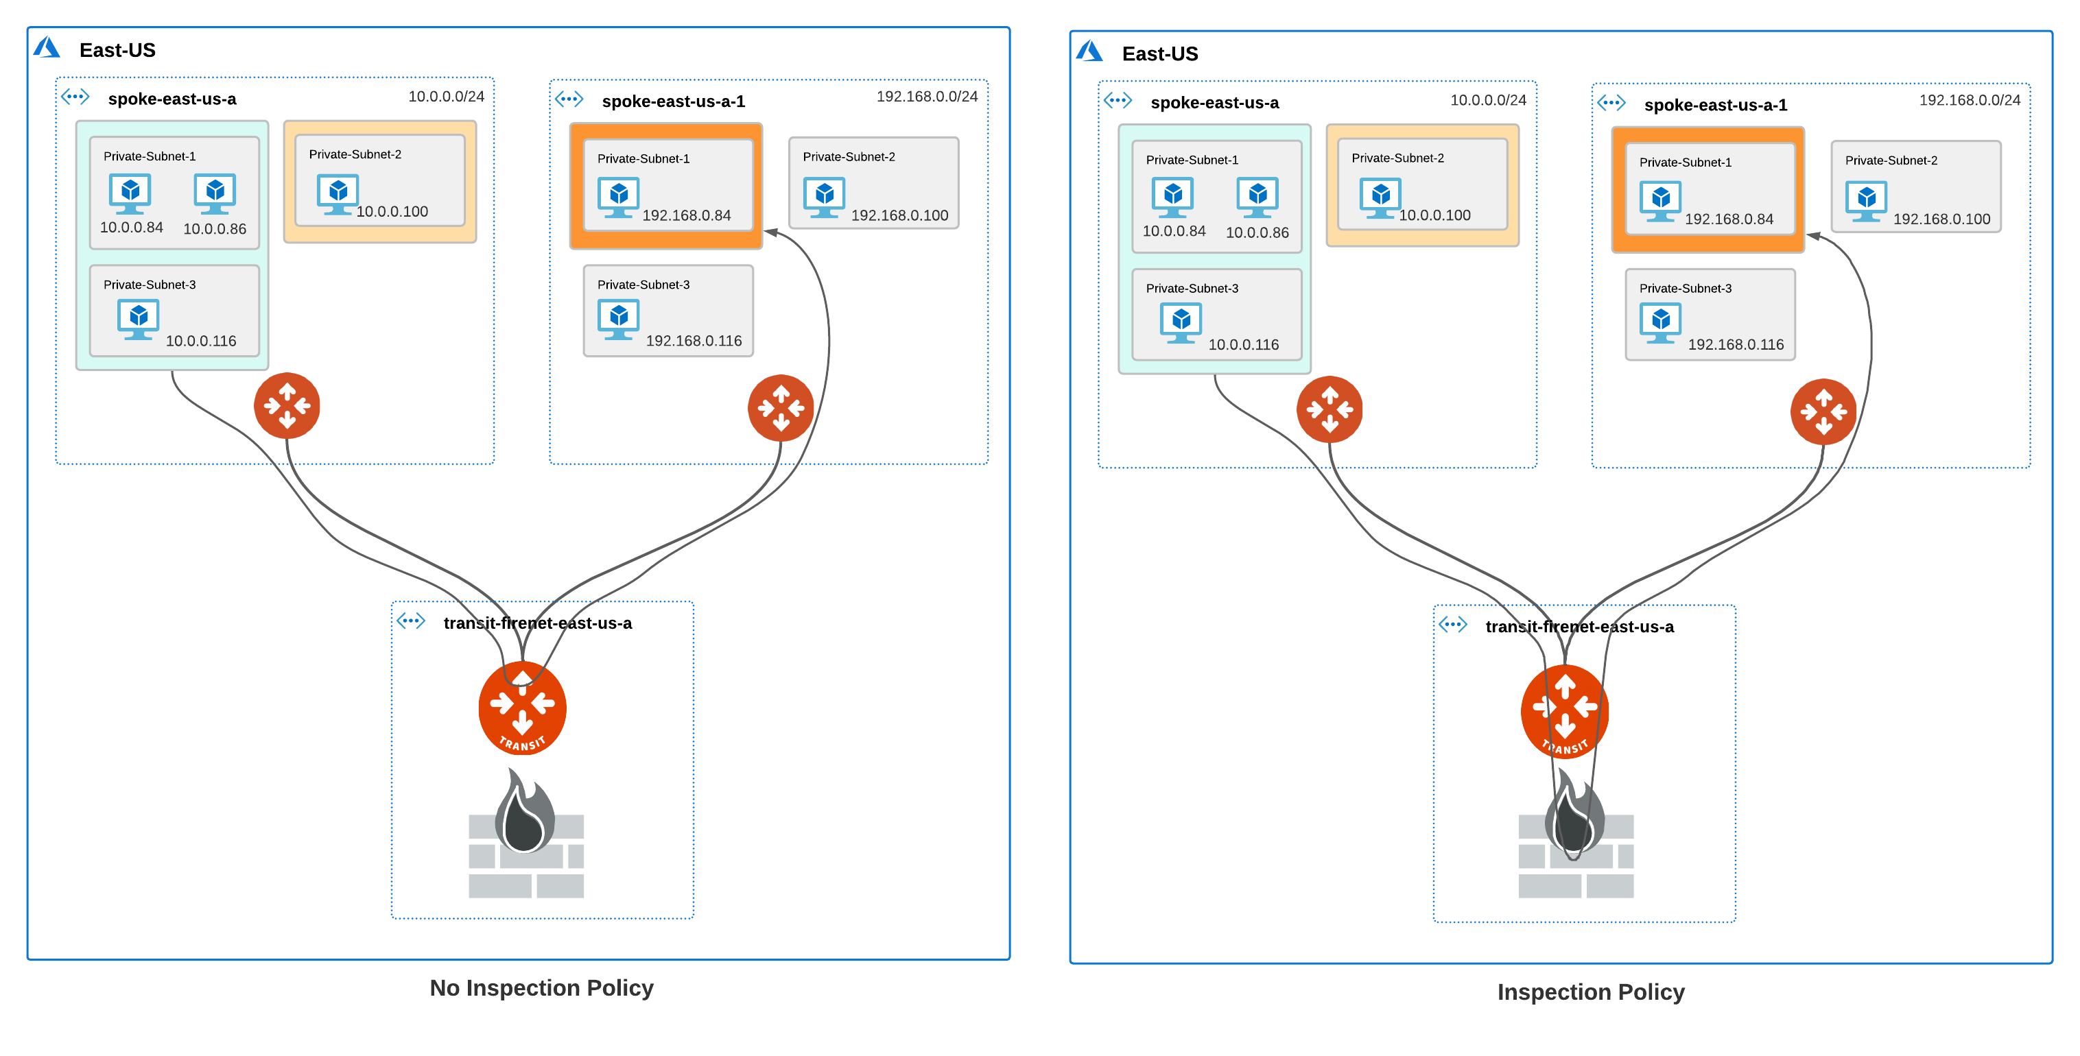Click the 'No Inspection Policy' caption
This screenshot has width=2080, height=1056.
(541, 987)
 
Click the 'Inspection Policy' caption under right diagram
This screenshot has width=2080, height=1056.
(1590, 992)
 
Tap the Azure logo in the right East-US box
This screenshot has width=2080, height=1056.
(1089, 51)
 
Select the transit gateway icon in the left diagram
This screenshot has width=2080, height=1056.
(523, 708)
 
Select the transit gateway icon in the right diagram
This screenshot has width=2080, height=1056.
(1564, 711)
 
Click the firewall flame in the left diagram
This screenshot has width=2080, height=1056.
(525, 811)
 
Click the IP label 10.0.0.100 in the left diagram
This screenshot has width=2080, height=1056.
(392, 211)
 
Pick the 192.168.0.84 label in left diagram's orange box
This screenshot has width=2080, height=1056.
(685, 215)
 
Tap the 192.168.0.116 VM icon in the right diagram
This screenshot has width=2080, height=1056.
(1660, 322)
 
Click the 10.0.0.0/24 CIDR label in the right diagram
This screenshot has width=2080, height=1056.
(1487, 100)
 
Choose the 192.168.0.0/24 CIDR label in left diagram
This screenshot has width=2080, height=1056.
(926, 97)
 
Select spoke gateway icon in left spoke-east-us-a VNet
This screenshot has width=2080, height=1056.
(287, 405)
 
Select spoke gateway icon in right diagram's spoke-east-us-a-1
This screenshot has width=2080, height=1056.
(1823, 411)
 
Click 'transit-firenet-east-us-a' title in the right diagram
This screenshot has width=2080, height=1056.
(1579, 627)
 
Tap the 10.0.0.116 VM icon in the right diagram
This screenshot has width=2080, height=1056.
(1181, 322)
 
